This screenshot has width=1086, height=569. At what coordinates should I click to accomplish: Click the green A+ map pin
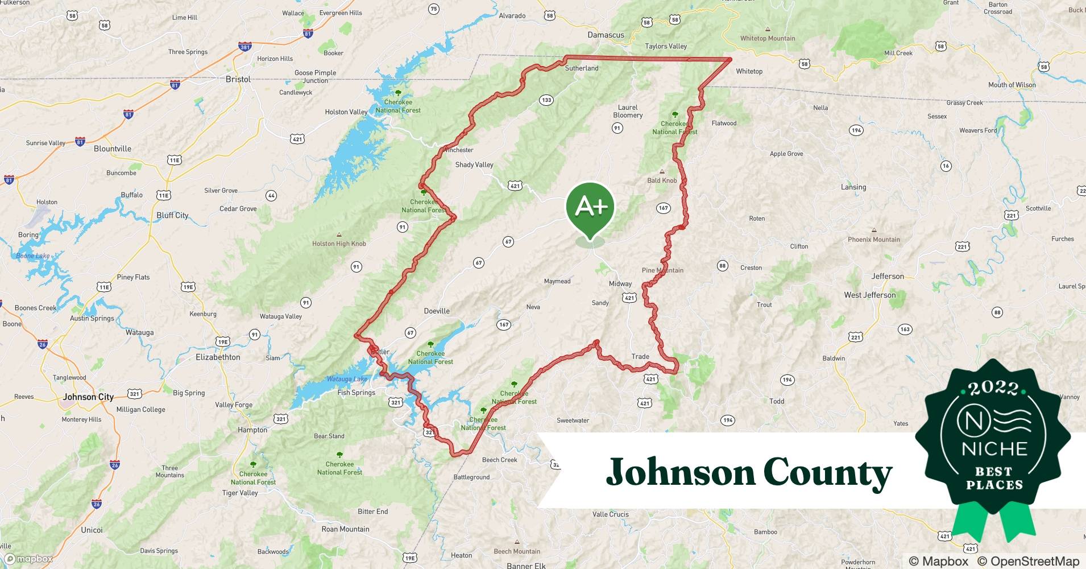pos(590,208)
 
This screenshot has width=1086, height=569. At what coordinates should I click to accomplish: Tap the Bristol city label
pos(238,79)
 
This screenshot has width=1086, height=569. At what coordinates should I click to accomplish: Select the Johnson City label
pos(88,397)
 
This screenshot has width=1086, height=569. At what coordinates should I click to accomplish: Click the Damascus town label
pos(606,35)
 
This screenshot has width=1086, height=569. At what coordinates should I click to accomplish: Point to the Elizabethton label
pos(218,357)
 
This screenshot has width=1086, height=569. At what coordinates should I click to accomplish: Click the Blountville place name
pos(112,149)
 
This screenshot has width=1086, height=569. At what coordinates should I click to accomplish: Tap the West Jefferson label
pos(869,295)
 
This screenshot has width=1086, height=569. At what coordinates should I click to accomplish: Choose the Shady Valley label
pos(474,164)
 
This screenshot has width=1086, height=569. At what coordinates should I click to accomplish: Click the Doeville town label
pos(437,311)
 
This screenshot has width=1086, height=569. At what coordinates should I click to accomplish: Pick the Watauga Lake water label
pos(347,379)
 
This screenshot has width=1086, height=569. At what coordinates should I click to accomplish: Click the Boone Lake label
pos(33,255)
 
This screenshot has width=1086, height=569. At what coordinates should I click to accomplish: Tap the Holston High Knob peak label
pos(339,244)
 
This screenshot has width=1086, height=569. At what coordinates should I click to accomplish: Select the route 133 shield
pos(546,100)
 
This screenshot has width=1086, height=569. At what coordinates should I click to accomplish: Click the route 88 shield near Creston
pos(722,266)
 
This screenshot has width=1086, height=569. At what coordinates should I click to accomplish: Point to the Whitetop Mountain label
pos(768,38)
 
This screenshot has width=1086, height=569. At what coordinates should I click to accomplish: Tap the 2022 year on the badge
pos(993,388)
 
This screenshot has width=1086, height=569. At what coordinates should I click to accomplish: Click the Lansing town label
pos(853,187)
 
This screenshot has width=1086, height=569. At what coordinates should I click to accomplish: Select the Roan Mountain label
pos(345,529)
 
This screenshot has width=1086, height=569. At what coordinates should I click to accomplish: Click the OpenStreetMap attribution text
pos(1028,561)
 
